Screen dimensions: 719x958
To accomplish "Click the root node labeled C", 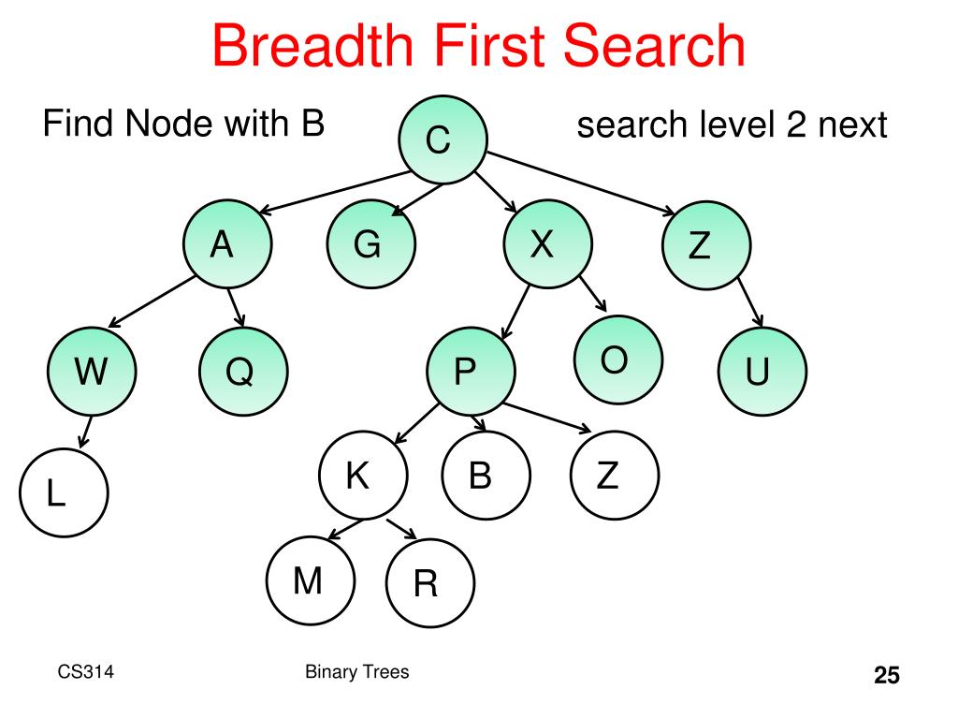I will click(x=440, y=141).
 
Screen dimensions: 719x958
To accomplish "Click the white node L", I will click(x=63, y=493).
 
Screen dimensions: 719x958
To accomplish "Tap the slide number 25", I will click(x=886, y=676).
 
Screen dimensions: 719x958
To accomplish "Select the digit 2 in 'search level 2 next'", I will click(x=796, y=125).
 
